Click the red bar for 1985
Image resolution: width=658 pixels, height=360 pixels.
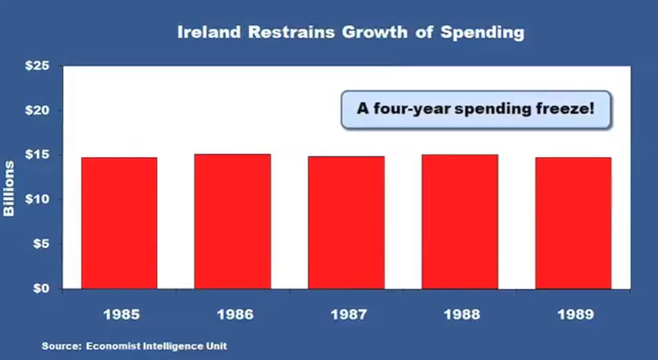click(119, 223)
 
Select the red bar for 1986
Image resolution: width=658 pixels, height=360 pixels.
click(233, 222)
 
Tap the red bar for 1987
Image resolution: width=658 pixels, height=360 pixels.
click(346, 223)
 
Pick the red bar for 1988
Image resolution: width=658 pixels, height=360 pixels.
click(460, 222)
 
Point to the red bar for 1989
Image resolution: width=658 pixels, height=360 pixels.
click(573, 223)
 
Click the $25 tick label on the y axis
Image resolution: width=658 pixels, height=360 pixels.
click(37, 66)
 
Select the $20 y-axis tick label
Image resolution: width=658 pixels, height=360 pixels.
click(37, 110)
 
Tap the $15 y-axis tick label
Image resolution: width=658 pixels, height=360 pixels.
click(37, 155)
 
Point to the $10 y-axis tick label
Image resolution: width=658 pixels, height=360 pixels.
click(37, 199)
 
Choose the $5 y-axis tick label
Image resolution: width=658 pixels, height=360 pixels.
click(41, 244)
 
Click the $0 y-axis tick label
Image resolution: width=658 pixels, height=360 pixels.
click(41, 289)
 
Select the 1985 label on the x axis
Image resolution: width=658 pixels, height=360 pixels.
click(121, 314)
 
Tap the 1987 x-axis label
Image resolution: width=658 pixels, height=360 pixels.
click(348, 314)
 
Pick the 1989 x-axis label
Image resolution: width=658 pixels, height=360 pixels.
click(576, 314)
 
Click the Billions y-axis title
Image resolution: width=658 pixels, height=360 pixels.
click(9, 189)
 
